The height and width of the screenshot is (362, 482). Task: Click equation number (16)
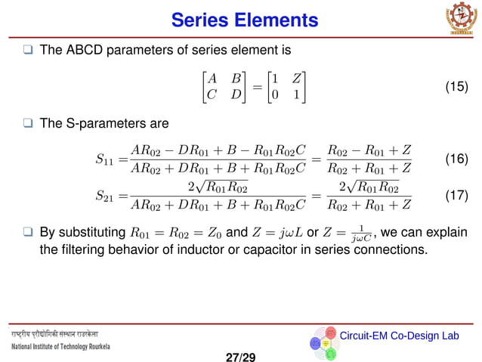[x=455, y=159]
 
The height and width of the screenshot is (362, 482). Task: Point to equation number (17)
[x=455, y=195]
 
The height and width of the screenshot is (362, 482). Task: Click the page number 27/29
[x=241, y=354]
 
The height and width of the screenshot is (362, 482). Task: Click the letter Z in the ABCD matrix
[x=298, y=77]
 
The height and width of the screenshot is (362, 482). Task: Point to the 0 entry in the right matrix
[x=276, y=95]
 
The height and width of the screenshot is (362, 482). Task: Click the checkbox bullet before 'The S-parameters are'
[x=28, y=122]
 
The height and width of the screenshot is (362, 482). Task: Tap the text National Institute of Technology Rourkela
[x=60, y=346]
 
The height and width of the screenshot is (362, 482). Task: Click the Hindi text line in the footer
[x=54, y=333]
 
